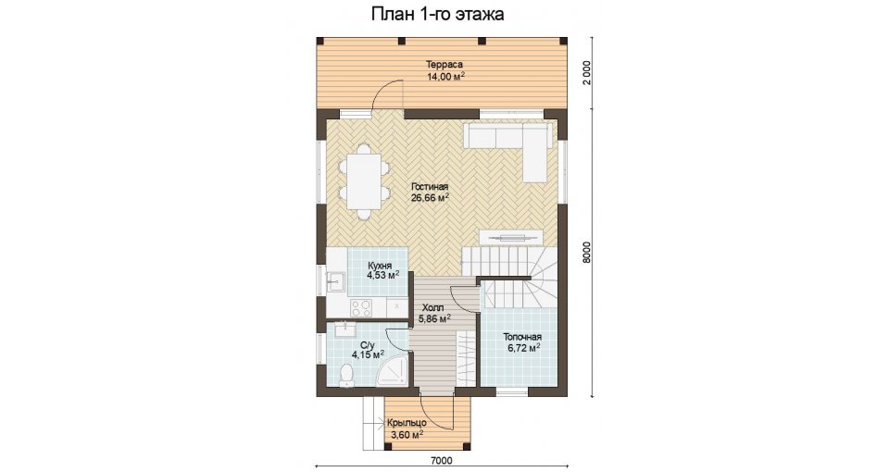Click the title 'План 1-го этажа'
(x=438, y=14)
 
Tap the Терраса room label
(x=445, y=65)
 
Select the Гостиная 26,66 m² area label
(x=430, y=193)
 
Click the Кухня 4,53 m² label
(x=382, y=271)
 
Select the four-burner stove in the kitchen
(x=361, y=308)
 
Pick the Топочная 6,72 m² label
(x=522, y=342)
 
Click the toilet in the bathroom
(x=345, y=377)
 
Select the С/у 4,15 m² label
(x=368, y=350)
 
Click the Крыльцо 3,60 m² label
(x=407, y=429)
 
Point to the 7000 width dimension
(x=442, y=461)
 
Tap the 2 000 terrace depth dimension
(x=587, y=72)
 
